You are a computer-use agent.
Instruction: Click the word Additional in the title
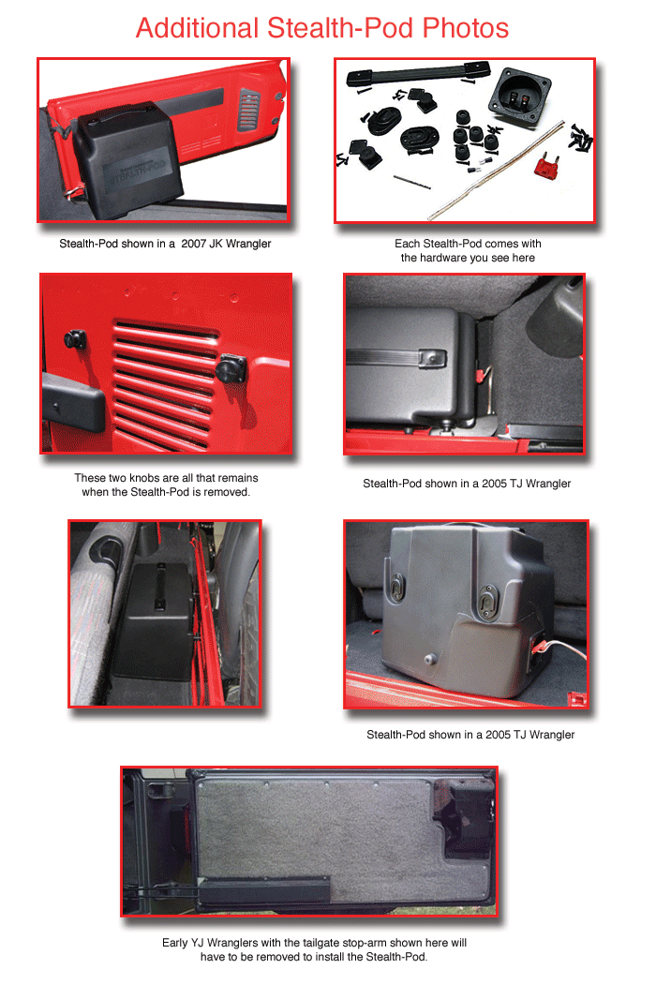click(x=198, y=28)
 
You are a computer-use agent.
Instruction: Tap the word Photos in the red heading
click(x=465, y=28)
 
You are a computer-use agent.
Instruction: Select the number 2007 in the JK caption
click(x=193, y=244)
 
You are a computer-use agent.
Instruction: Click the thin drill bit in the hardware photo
click(x=411, y=182)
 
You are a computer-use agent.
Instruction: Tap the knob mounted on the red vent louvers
click(x=231, y=367)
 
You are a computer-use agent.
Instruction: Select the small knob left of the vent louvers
click(x=75, y=340)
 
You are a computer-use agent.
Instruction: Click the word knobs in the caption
click(x=144, y=478)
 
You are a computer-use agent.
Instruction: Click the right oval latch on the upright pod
click(x=487, y=599)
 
